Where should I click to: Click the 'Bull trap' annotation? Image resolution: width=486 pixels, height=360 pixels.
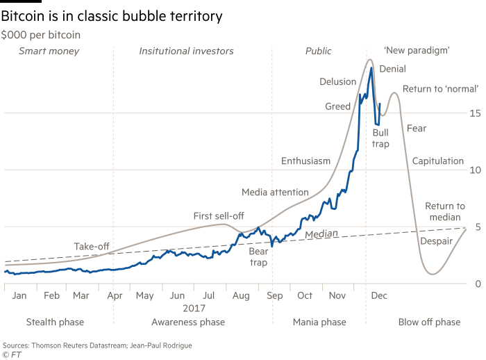coord(380,138)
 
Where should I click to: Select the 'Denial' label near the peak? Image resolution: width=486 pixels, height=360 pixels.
coord(393,69)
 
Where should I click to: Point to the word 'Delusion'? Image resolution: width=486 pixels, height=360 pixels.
coord(337,82)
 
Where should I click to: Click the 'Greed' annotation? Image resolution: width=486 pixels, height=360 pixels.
coord(337,106)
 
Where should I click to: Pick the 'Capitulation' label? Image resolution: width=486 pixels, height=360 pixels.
coord(437,161)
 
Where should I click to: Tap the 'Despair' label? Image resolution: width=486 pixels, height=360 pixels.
coord(436,241)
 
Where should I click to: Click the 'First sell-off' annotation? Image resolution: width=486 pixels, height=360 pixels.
coord(217,216)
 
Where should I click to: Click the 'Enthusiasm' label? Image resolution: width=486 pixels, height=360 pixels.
coord(305,161)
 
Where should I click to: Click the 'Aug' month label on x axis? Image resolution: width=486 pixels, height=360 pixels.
coord(240,295)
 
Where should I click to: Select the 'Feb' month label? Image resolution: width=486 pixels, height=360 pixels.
coord(51,295)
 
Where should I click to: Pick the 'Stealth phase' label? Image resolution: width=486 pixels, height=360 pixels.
coord(55,322)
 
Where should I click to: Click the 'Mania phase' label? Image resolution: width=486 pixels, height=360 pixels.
coord(319,322)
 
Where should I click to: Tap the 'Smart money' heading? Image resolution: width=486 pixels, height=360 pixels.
coord(49,51)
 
